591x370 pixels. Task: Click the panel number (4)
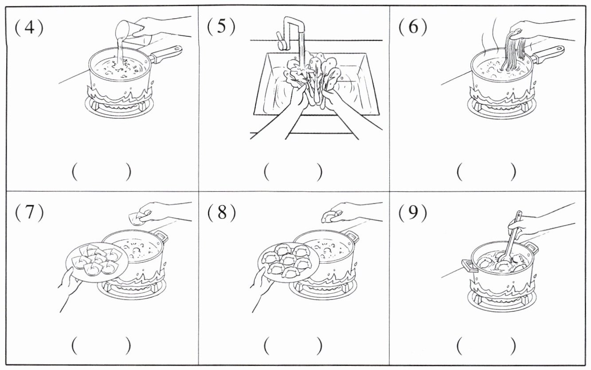pyautogui.click(x=29, y=28)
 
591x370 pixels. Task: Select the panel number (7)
pyautogui.click(x=29, y=213)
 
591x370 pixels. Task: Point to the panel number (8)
pyautogui.click(x=221, y=213)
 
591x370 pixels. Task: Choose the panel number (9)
pyautogui.click(x=412, y=213)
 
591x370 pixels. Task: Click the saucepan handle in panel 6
pyautogui.click(x=550, y=53)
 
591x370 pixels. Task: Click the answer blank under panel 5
pyautogui.click(x=293, y=172)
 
